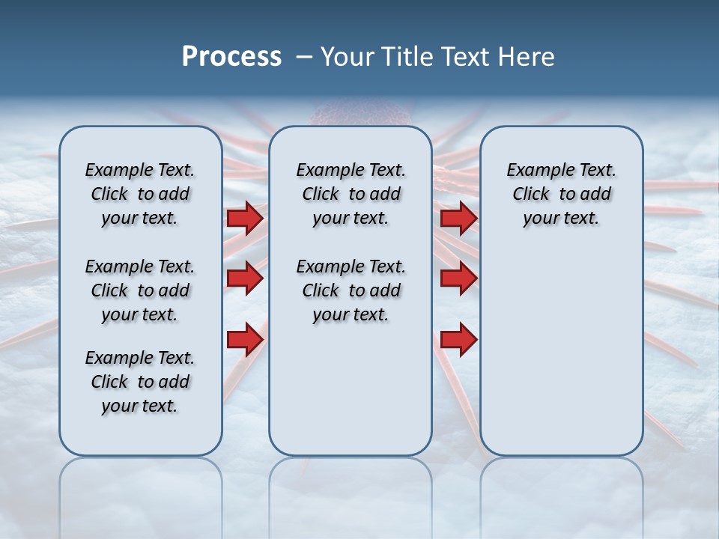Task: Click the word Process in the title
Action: click(x=231, y=57)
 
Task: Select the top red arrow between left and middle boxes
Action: click(x=245, y=218)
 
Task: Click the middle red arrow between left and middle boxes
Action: click(x=245, y=278)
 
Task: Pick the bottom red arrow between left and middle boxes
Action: click(x=245, y=339)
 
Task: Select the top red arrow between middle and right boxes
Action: click(x=458, y=218)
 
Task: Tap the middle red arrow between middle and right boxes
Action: click(x=458, y=278)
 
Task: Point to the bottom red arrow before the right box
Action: click(x=458, y=339)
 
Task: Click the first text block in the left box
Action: click(x=140, y=194)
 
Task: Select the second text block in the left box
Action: click(x=140, y=290)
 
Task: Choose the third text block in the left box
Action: click(x=140, y=382)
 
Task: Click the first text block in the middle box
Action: click(x=351, y=194)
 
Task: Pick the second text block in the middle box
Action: click(x=351, y=290)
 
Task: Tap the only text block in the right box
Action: click(x=562, y=194)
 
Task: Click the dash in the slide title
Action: click(x=304, y=57)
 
